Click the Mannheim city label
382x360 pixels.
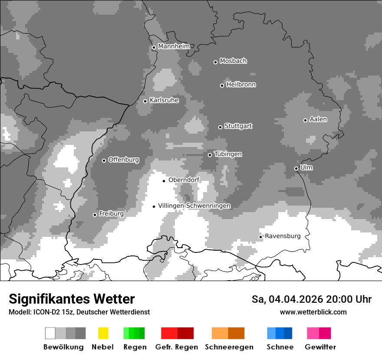pyautogui.click(x=174, y=46)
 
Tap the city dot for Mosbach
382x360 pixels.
pyautogui.click(x=215, y=62)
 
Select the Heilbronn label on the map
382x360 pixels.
pyautogui.click(x=241, y=85)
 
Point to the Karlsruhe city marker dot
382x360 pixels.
pyautogui.click(x=145, y=101)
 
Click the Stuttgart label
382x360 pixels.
pyautogui.click(x=238, y=126)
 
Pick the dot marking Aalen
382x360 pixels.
pyautogui.click(x=305, y=120)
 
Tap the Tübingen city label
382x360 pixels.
pyautogui.click(x=228, y=154)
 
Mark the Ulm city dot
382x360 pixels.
pyautogui.click(x=296, y=168)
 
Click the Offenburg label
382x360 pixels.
pyautogui.click(x=123, y=160)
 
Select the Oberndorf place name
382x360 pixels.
pyautogui.click(x=184, y=180)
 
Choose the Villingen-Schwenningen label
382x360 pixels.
pyautogui.click(x=194, y=206)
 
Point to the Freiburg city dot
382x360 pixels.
pyautogui.click(x=95, y=215)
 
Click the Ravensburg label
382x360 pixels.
pyautogui.click(x=283, y=236)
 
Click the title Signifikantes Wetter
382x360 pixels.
pyautogui.click(x=72, y=299)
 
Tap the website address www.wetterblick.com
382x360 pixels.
pyautogui.click(x=313, y=312)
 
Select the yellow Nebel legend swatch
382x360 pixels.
pyautogui.click(x=103, y=333)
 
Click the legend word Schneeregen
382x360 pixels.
pyautogui.click(x=229, y=347)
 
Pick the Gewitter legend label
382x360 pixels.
pyautogui.click(x=320, y=347)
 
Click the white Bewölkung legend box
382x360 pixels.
pyautogui.click(x=50, y=333)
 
